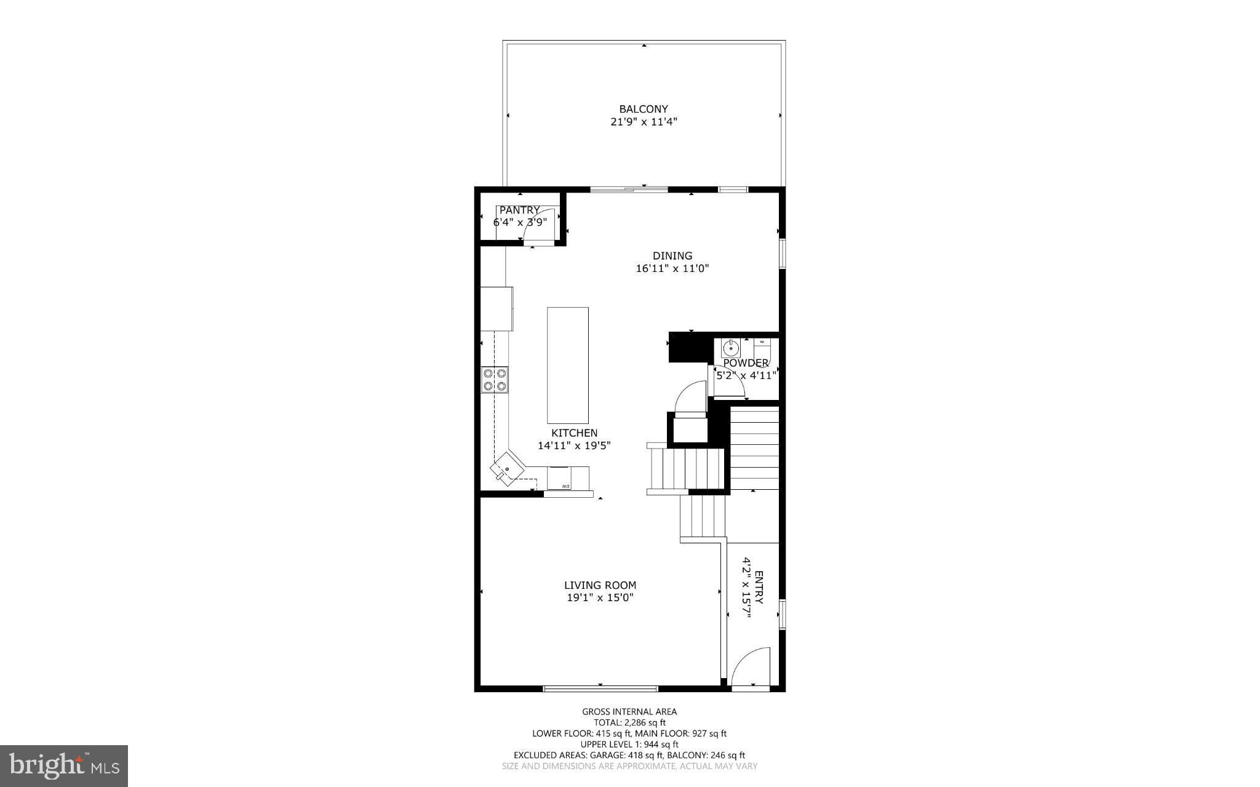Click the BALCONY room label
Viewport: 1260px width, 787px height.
[644, 109]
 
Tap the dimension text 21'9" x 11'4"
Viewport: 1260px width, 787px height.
[644, 122]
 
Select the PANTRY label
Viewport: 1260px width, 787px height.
[519, 210]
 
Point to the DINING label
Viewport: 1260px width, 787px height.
[672, 255]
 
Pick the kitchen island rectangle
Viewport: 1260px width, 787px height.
[567, 365]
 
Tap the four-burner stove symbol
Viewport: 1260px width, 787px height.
[495, 379]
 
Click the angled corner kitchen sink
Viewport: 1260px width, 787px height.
[506, 469]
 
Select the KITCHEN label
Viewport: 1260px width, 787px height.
[574, 433]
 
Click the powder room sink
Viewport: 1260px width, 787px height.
[730, 348]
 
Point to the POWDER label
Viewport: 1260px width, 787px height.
[746, 363]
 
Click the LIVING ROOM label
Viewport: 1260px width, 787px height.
[600, 585]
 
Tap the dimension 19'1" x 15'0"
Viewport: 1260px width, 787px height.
[600, 597]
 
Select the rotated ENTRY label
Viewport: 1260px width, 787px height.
[759, 587]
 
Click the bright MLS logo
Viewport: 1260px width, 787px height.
[64, 765]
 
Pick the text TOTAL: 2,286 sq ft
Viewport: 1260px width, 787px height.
[629, 722]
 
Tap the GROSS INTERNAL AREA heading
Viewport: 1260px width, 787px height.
[629, 711]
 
